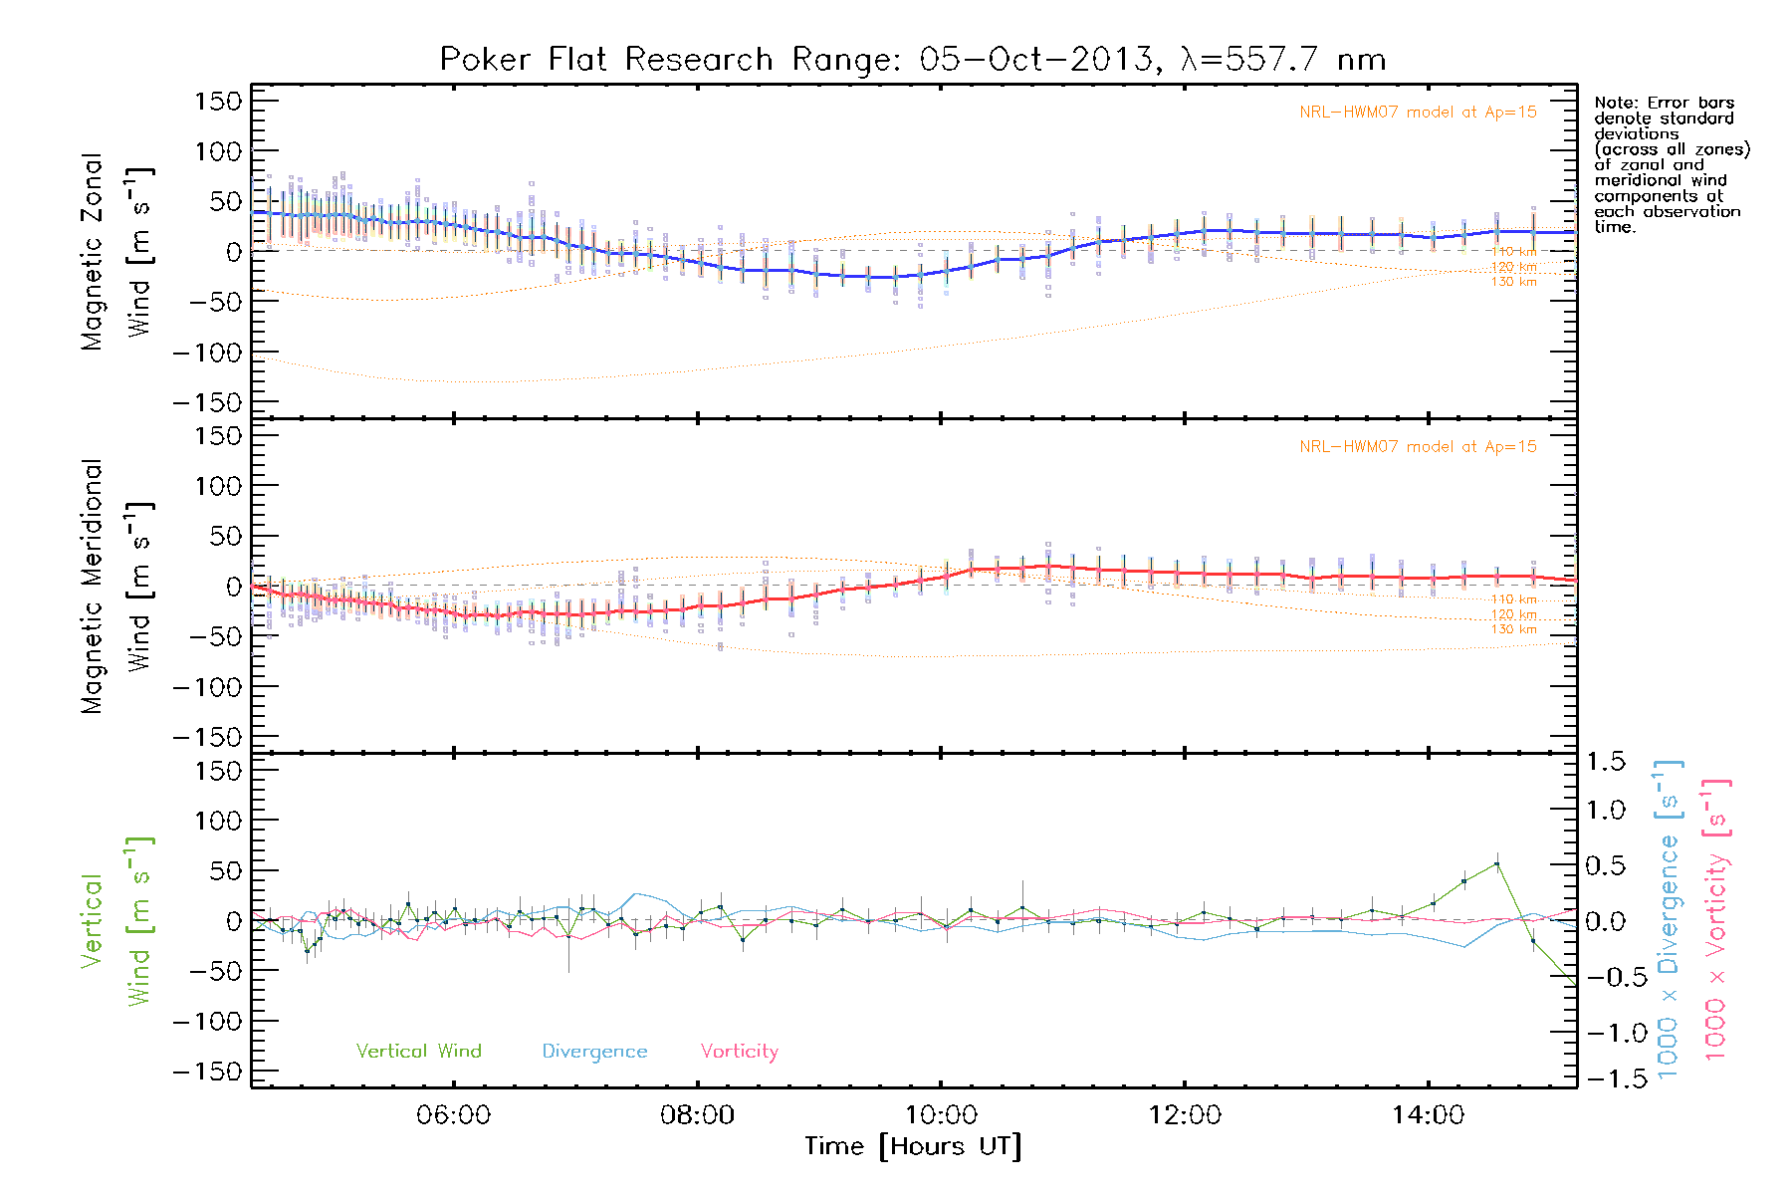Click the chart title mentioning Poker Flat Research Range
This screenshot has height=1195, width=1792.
pyautogui.click(x=912, y=60)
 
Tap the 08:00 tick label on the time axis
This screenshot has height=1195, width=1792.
pyautogui.click(x=697, y=1115)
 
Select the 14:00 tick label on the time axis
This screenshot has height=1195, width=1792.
pyautogui.click(x=1428, y=1115)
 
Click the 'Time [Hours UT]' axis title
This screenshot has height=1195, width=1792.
pyautogui.click(x=913, y=1147)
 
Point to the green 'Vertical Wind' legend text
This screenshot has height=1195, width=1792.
pyautogui.click(x=418, y=1052)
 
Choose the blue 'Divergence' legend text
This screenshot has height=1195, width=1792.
pyautogui.click(x=594, y=1052)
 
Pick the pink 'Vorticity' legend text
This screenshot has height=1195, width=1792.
pyautogui.click(x=739, y=1052)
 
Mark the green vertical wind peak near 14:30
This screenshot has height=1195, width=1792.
pyautogui.click(x=1496, y=864)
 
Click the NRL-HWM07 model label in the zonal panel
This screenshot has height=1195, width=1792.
pyautogui.click(x=1418, y=113)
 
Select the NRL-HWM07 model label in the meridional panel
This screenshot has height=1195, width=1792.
pyautogui.click(x=1418, y=447)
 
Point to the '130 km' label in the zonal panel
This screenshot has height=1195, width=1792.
pyautogui.click(x=1513, y=282)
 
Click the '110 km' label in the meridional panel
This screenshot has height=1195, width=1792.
pyautogui.click(x=1513, y=599)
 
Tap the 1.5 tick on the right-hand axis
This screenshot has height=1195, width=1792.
pyautogui.click(x=1605, y=763)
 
